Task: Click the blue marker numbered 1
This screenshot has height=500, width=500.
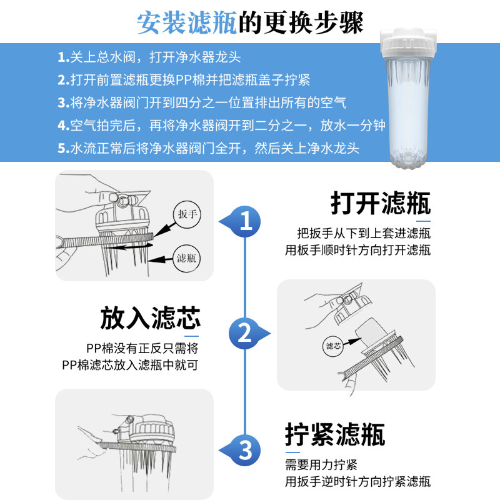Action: pos(247,220)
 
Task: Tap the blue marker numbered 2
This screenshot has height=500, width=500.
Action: pos(246,332)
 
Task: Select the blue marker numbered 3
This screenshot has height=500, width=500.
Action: pos(246,449)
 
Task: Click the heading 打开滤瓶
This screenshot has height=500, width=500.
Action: pos(380,204)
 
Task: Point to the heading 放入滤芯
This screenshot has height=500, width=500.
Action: pos(150,318)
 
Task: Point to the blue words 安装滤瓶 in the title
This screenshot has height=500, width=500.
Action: pos(187,22)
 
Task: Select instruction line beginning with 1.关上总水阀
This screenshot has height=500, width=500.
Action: pos(149,57)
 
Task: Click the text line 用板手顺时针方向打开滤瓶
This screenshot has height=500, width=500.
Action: pos(357,251)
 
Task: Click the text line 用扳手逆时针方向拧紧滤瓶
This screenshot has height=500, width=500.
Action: pos(357,481)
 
